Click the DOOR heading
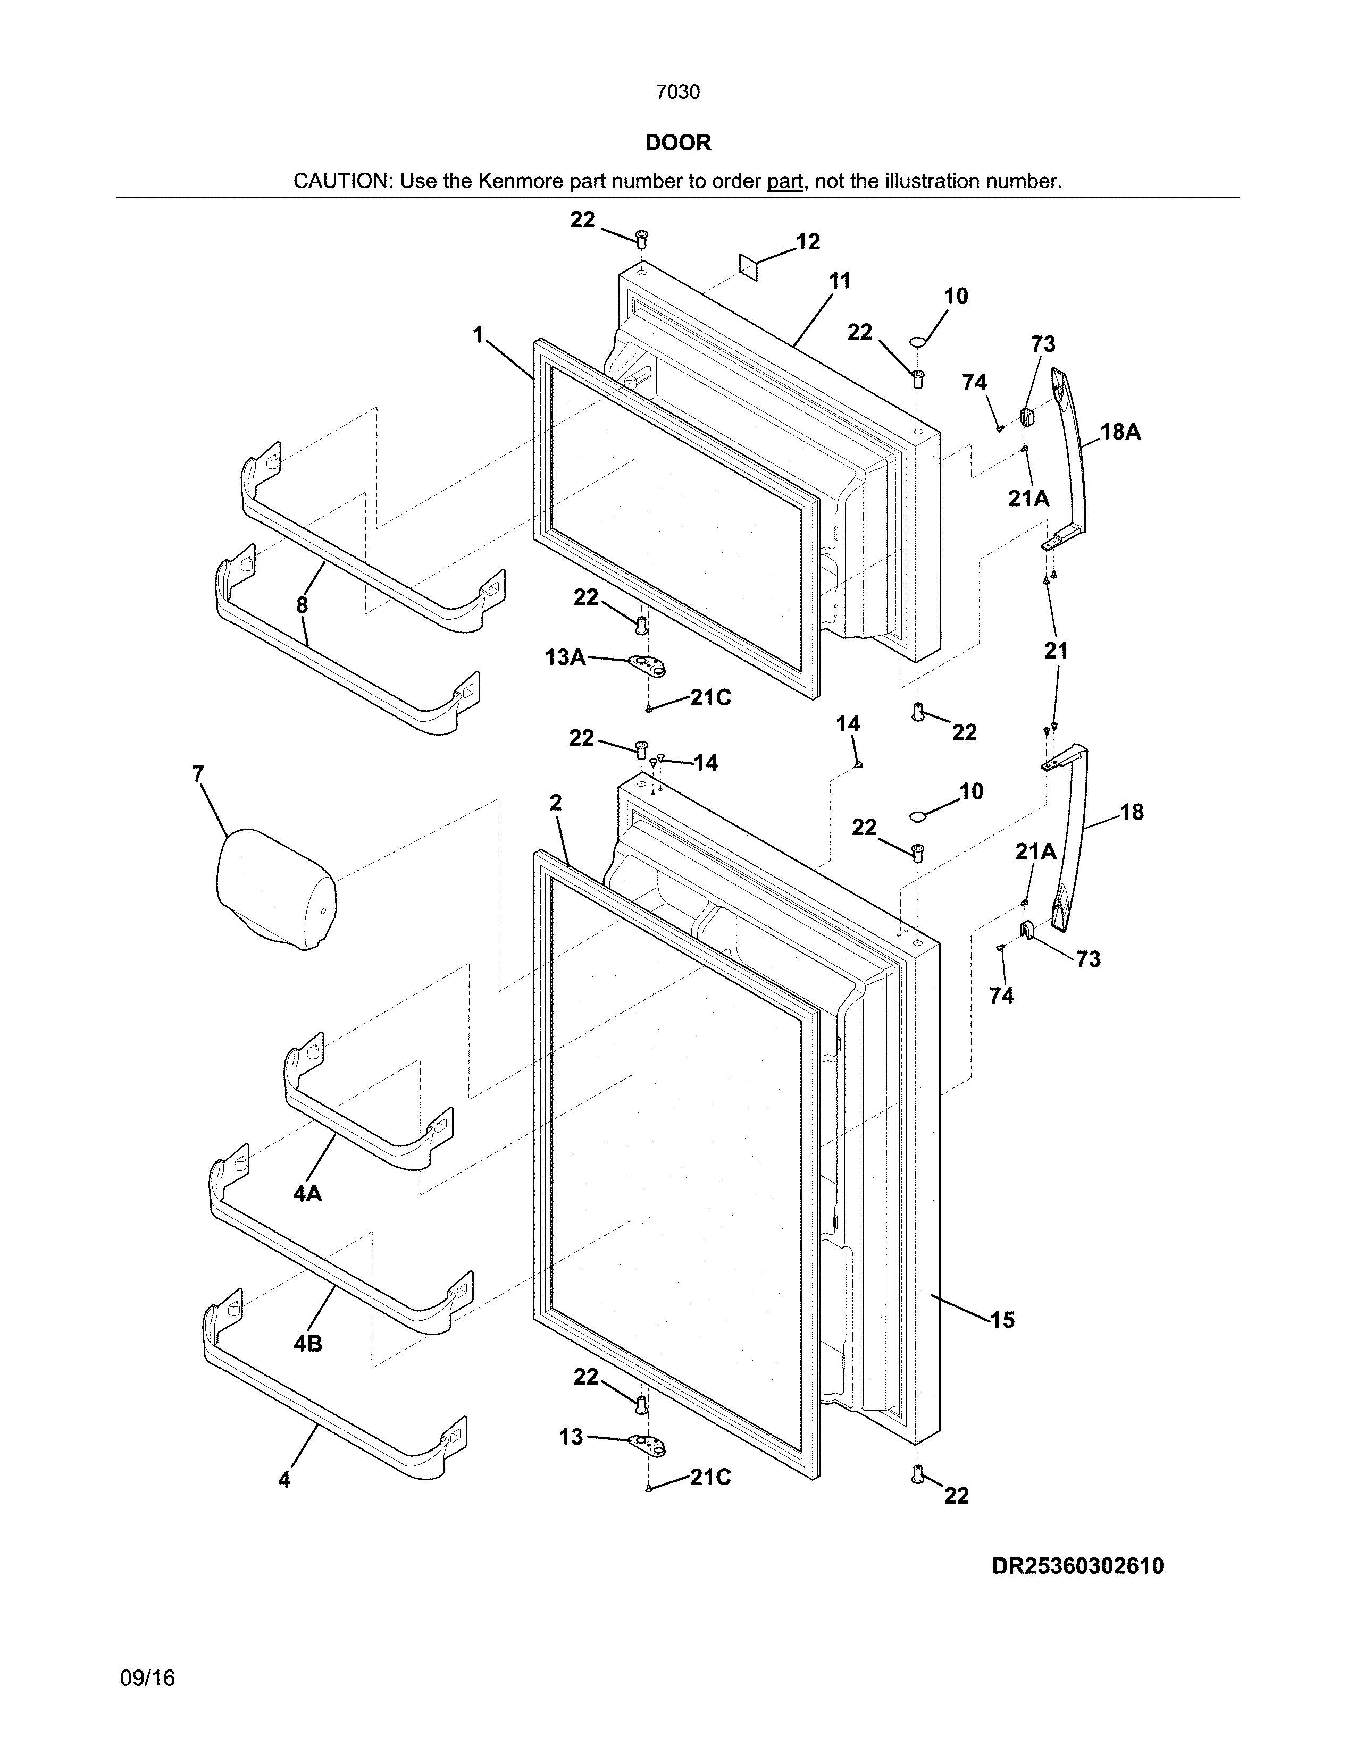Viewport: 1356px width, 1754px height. click(x=678, y=143)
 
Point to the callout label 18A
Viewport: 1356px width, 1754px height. click(x=1120, y=432)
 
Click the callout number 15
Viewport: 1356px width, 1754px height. click(x=1002, y=1320)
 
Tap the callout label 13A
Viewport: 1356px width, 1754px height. click(x=565, y=657)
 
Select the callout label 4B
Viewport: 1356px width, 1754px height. click(x=308, y=1343)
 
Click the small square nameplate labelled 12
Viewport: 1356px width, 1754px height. click(x=749, y=267)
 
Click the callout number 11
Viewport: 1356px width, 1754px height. click(x=840, y=281)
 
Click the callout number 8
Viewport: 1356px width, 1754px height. click(x=302, y=605)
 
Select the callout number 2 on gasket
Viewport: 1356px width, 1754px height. click(x=555, y=802)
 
